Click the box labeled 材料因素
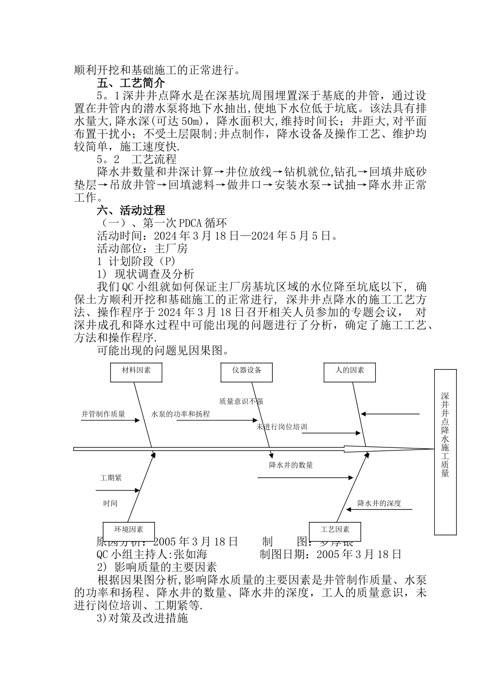click(136, 372)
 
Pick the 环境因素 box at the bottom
click(129, 530)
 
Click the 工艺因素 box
click(335, 530)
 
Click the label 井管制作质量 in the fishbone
click(103, 414)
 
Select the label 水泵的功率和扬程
click(180, 414)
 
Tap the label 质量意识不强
click(241, 401)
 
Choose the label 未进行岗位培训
click(282, 426)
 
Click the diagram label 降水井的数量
click(291, 465)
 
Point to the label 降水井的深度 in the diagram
click(379, 503)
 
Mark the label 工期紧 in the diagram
click(111, 478)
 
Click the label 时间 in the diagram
click(110, 504)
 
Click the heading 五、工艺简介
click(131, 82)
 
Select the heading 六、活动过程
click(131, 210)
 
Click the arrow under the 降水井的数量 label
click(305, 478)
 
